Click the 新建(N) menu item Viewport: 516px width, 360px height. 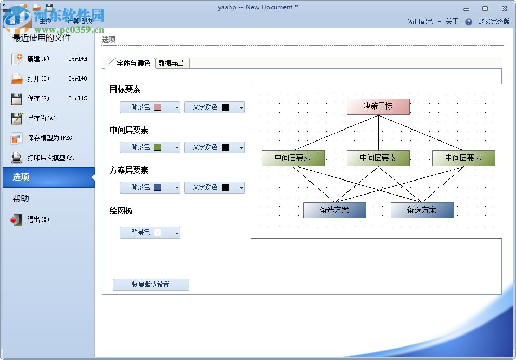click(x=38, y=59)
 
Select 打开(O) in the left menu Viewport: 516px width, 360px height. click(x=38, y=79)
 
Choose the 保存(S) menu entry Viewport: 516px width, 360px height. click(x=38, y=99)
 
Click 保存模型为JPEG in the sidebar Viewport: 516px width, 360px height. click(x=49, y=138)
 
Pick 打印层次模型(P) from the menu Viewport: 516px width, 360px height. click(x=51, y=158)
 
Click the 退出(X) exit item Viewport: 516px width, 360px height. click(x=38, y=220)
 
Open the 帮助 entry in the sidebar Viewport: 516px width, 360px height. click(x=21, y=199)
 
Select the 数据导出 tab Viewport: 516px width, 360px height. click(x=171, y=63)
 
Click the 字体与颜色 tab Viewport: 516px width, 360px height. click(x=133, y=63)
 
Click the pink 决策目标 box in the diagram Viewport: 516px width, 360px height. click(x=378, y=107)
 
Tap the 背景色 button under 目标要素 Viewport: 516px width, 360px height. click(x=146, y=107)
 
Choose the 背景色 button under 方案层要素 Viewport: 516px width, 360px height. click(x=146, y=187)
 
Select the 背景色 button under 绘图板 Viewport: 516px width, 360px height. click(x=146, y=233)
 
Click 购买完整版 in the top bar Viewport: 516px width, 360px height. click(x=494, y=22)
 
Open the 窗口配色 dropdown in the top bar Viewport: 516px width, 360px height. click(x=424, y=22)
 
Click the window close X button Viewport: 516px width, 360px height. click(x=504, y=8)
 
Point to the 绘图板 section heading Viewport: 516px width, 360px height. click(x=121, y=211)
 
